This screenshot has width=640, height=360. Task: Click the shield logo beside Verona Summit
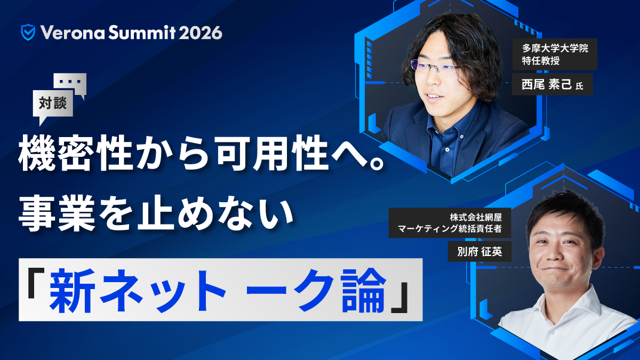28,33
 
